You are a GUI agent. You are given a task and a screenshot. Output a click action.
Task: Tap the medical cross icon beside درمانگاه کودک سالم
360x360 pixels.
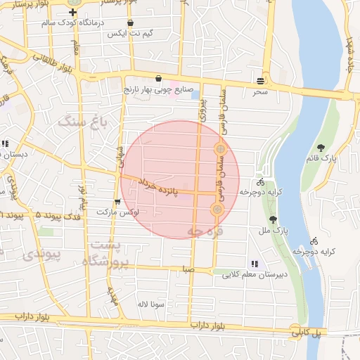point(72,13)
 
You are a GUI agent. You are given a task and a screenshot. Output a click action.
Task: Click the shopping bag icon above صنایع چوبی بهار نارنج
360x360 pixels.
point(158,79)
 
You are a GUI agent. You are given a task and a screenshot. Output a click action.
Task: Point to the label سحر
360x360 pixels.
point(261,91)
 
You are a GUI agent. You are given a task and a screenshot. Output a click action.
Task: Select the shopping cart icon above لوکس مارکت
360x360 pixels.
point(117,202)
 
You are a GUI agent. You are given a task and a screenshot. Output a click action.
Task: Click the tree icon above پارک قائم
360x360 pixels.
point(321,148)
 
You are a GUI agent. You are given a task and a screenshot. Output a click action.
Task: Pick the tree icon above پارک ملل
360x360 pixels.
point(274,219)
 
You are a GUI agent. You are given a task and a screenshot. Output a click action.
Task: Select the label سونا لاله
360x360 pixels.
point(150,304)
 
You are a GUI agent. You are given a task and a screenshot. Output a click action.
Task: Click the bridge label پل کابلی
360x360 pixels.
point(307,332)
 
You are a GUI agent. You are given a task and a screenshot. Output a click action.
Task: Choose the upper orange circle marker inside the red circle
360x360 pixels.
point(221,149)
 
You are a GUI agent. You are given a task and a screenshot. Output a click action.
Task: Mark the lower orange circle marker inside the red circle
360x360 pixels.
point(217,210)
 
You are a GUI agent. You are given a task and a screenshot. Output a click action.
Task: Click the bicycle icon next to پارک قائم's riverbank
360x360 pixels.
point(314,240)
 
